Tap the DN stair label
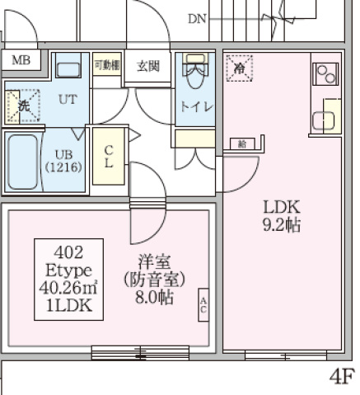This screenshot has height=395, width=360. tap(197, 18)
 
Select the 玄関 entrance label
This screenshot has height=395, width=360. tap(148, 67)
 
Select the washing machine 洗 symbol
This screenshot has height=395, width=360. tap(22, 106)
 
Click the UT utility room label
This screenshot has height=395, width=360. tap(68, 99)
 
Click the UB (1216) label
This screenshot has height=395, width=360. tap(63, 160)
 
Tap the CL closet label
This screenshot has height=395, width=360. tap(109, 157)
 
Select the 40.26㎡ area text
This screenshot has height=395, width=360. tap(68, 288)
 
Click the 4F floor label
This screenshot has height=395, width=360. tap(344, 377)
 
